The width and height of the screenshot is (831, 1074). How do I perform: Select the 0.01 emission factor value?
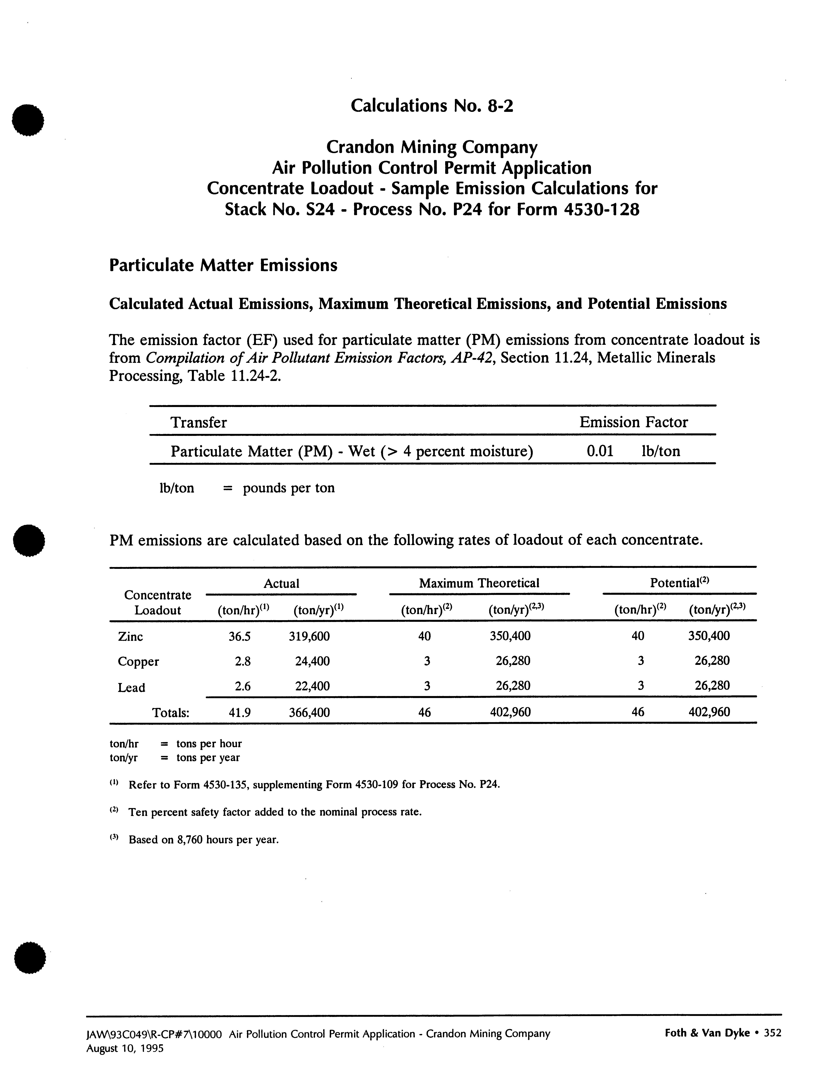pos(600,451)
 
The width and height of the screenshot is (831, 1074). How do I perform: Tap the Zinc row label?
pos(130,637)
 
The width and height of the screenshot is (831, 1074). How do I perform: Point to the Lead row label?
pos(131,687)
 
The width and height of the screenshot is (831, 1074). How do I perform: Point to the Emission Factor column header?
pos(633,422)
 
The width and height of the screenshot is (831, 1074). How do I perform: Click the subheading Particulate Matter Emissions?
pos(223,266)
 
